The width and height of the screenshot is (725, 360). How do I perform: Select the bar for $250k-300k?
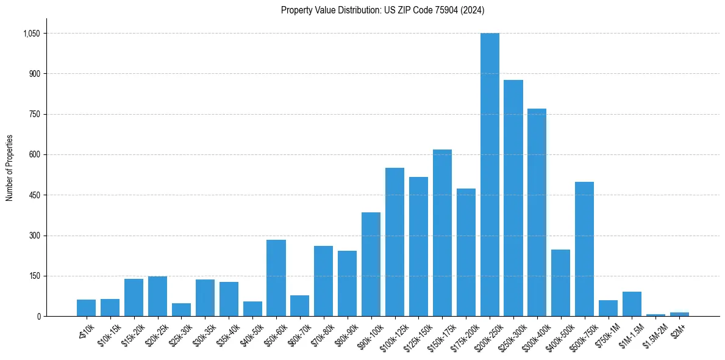coord(513,198)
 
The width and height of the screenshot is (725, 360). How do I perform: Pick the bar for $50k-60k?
coord(276,278)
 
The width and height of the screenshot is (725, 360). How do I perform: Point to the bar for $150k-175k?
coord(442,232)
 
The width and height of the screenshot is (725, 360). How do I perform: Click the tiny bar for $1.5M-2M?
coord(655,315)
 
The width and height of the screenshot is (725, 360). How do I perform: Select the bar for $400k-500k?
coord(561,283)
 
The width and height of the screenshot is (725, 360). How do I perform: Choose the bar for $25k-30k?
coord(181,309)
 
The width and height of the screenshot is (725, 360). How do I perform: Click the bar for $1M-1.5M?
coord(632,304)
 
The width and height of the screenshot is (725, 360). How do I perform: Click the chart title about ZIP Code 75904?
coord(382,10)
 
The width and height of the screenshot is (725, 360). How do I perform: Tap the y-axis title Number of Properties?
coord(10,168)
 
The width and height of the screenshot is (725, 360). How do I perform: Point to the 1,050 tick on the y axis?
coord(31,34)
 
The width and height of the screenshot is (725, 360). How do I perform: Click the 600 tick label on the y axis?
coord(34,155)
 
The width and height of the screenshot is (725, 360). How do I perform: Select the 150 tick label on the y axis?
coord(34,276)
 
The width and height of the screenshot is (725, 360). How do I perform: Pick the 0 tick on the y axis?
coord(38,317)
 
